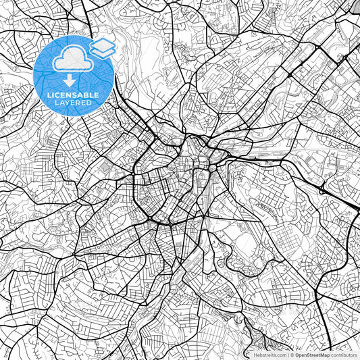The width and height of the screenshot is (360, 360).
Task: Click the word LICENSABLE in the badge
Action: pos(73,95)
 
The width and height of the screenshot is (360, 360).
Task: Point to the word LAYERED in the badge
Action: pos(73,104)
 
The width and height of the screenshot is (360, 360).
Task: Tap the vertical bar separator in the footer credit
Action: pos(289,354)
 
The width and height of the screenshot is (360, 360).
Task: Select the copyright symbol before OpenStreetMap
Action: pos(293,354)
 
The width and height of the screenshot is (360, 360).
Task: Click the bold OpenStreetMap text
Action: pos(313,354)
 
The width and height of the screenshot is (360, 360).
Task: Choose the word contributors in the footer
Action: pos(344,354)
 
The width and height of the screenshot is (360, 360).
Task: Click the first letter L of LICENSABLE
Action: pos(49,95)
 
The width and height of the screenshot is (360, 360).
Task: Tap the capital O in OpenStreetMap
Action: pos(298,354)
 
